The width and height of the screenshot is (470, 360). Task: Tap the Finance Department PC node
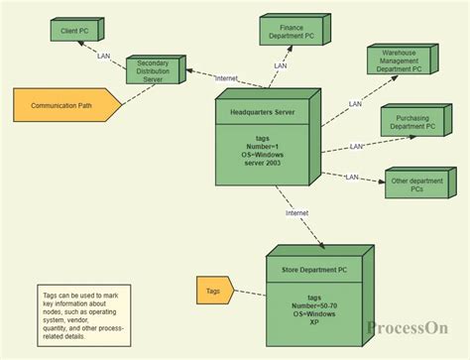(x=291, y=34)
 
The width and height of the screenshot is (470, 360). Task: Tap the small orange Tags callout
(x=213, y=290)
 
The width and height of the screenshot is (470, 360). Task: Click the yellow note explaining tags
(x=83, y=315)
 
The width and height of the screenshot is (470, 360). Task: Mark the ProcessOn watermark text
(x=407, y=328)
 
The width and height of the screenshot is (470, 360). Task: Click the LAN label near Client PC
(x=104, y=56)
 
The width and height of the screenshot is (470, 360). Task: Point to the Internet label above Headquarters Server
(x=226, y=77)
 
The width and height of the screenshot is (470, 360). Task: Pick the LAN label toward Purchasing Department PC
(x=357, y=146)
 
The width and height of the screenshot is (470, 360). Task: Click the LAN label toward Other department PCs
(x=352, y=177)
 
